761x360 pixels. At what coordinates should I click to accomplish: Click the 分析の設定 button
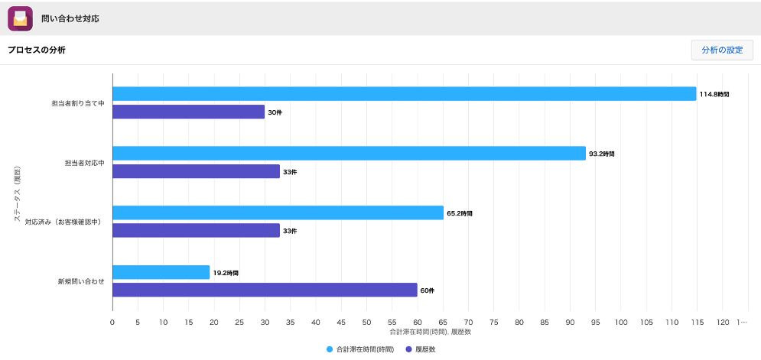(722, 50)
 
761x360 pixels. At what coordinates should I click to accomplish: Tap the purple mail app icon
(21, 18)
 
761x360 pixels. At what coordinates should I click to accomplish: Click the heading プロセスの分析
(37, 50)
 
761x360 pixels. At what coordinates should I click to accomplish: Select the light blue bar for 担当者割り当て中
(405, 94)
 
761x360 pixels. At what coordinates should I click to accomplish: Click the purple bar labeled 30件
(189, 112)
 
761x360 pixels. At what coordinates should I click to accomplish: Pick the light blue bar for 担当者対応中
(349, 154)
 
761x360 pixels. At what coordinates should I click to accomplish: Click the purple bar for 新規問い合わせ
(265, 290)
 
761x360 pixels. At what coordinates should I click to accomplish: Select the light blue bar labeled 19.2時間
(161, 272)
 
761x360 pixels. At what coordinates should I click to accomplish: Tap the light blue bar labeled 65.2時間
(278, 212)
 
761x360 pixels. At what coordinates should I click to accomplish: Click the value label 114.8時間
(714, 94)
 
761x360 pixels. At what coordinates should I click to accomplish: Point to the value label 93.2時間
(602, 154)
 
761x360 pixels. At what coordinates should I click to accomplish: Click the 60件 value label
(428, 290)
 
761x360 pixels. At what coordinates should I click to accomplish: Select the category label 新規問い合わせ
(81, 281)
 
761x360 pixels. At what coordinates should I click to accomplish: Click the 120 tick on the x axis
(722, 322)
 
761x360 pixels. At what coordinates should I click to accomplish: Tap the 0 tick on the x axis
(112, 322)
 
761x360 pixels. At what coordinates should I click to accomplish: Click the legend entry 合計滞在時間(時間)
(360, 349)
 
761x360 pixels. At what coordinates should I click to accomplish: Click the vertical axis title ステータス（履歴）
(17, 195)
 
